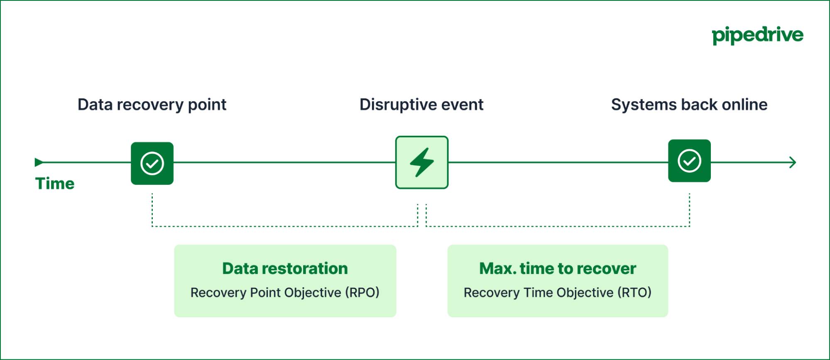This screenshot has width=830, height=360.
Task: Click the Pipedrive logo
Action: point(757,35)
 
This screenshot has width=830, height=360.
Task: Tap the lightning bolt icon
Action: point(422,162)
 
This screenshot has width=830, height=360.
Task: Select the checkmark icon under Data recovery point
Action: point(152,163)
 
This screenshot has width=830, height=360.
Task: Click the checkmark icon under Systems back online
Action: point(689,161)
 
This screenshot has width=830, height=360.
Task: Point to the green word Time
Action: point(55,184)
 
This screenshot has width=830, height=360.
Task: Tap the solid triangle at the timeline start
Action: point(38,162)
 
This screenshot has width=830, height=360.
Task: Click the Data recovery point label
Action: point(152,105)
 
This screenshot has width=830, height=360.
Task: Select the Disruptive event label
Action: point(421,105)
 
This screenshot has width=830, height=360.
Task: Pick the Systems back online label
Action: point(689,105)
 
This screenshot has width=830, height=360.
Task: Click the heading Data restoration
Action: point(285,268)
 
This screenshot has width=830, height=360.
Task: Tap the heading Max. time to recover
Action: point(558,268)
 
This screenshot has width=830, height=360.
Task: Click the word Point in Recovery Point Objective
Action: point(266,292)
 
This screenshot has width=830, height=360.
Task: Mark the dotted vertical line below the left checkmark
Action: point(152,210)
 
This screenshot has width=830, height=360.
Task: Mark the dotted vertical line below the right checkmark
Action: point(689,210)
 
